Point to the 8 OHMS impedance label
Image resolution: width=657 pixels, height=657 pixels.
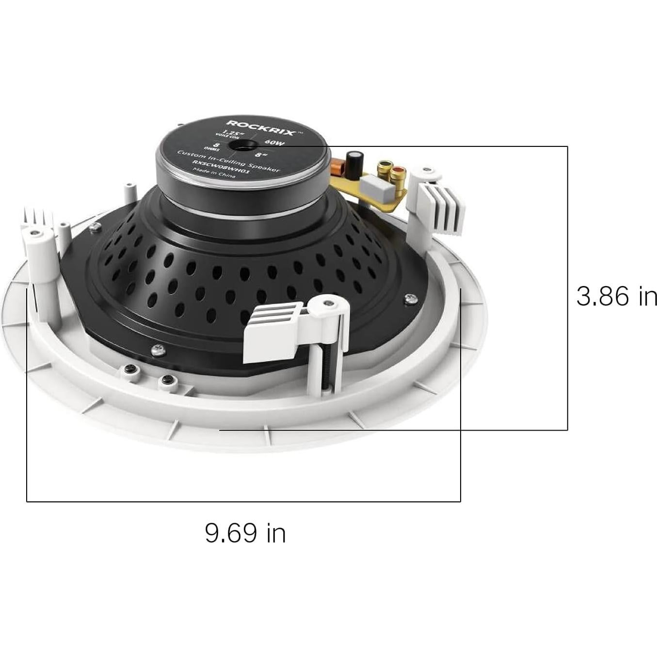pyautogui.click(x=216, y=146)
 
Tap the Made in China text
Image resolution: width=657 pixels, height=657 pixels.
pyautogui.click(x=214, y=173)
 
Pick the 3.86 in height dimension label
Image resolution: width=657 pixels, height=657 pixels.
pyautogui.click(x=616, y=296)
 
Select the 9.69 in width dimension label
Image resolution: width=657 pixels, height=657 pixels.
pyautogui.click(x=245, y=533)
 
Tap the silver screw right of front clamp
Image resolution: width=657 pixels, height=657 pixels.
pyautogui.click(x=410, y=299)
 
